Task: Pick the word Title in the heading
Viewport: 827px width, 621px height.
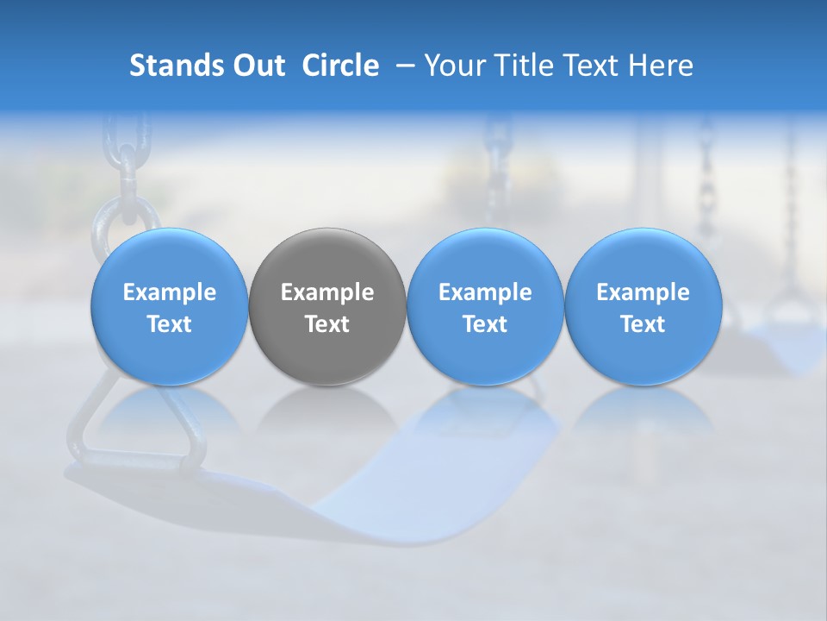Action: tap(523, 66)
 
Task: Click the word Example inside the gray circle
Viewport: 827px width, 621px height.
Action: tap(327, 292)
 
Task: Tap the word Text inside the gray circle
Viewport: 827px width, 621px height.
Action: tap(327, 324)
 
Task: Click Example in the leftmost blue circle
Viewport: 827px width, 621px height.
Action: tap(170, 292)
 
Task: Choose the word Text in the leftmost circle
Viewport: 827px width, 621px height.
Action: tap(170, 324)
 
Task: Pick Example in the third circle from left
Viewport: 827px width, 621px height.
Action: tap(485, 292)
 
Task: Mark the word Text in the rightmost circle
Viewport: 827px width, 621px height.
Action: tap(643, 324)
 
